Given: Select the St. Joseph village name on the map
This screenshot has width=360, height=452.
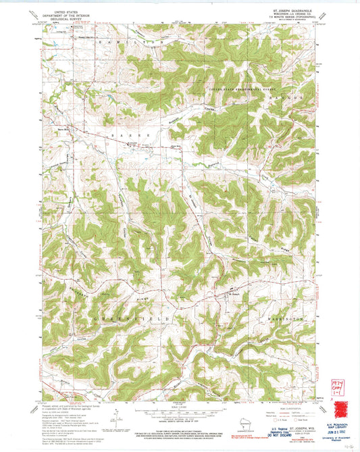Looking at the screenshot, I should tap(234, 293).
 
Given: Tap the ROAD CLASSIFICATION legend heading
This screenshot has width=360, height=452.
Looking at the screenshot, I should tap(285, 408).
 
